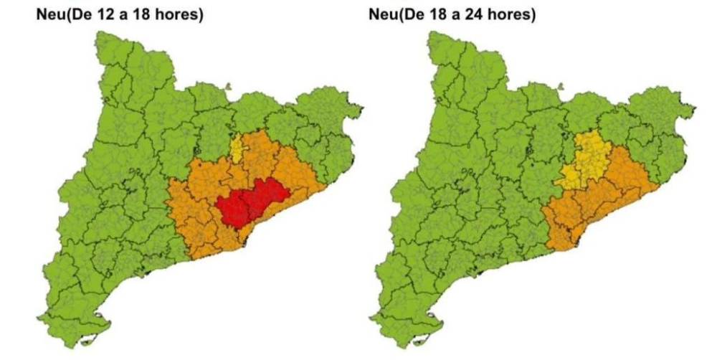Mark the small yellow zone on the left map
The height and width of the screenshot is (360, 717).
tap(237, 148)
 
